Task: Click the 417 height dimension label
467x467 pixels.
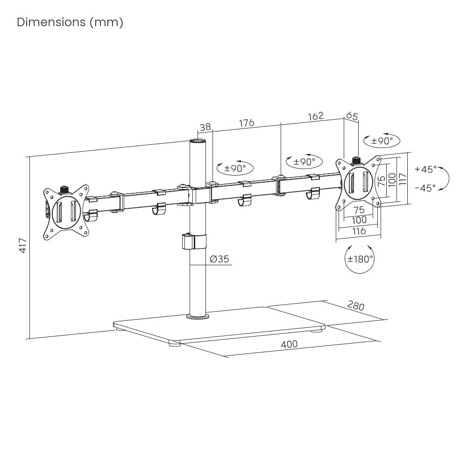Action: (x=22, y=245)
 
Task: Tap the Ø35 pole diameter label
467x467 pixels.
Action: (x=219, y=259)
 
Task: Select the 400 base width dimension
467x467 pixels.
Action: (x=289, y=345)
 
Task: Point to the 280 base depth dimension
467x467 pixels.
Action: (x=355, y=306)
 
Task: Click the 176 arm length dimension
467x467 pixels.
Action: (x=247, y=123)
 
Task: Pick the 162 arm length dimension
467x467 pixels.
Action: (x=316, y=116)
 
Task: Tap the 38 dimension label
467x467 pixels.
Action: (x=205, y=127)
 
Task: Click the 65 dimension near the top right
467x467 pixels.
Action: (x=353, y=116)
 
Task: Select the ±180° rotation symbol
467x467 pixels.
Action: (x=360, y=258)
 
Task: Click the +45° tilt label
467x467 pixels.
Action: (x=425, y=169)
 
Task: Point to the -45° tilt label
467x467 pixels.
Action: (x=425, y=188)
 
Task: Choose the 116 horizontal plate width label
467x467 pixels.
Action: (x=359, y=231)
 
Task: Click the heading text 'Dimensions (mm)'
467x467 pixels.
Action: (x=70, y=22)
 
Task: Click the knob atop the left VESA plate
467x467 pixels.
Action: (x=64, y=190)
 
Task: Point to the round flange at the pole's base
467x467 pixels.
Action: (x=198, y=317)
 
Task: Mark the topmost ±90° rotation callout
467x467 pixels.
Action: (x=382, y=140)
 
